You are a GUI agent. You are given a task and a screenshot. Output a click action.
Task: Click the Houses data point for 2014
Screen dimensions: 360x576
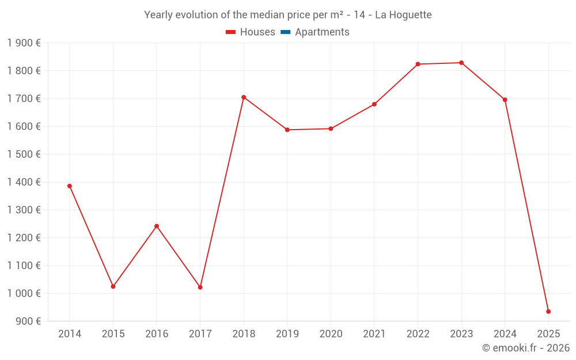[70, 186]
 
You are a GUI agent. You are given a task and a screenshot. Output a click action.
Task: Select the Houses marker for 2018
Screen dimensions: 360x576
[244, 97]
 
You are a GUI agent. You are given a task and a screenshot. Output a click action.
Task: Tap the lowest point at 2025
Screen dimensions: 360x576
[548, 312]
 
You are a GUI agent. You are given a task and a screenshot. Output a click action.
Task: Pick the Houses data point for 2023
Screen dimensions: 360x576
[461, 63]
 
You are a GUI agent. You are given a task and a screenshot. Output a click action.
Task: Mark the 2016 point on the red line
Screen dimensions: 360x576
[157, 226]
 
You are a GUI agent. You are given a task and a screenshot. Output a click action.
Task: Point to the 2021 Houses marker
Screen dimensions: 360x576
[374, 104]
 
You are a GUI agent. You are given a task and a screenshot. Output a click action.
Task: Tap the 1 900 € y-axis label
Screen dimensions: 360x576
[24, 43]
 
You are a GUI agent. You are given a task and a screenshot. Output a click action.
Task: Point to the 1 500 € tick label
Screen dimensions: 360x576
[24, 154]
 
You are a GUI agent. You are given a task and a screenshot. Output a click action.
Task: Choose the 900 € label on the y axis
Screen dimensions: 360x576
[27, 321]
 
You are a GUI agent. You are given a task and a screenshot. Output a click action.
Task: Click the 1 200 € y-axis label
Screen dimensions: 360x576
[24, 238]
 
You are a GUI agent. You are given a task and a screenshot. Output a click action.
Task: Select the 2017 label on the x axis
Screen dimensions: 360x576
[200, 334]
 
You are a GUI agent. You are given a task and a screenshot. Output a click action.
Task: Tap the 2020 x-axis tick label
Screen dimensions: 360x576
[331, 334]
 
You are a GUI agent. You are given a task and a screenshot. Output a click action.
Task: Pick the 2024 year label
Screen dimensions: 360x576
[505, 334]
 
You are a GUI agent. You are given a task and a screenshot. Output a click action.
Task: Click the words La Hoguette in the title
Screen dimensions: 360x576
[403, 15]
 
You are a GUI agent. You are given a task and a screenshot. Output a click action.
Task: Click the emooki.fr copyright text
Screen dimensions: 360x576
[525, 348]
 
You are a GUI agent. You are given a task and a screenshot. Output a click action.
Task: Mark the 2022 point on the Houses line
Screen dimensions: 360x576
[418, 64]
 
